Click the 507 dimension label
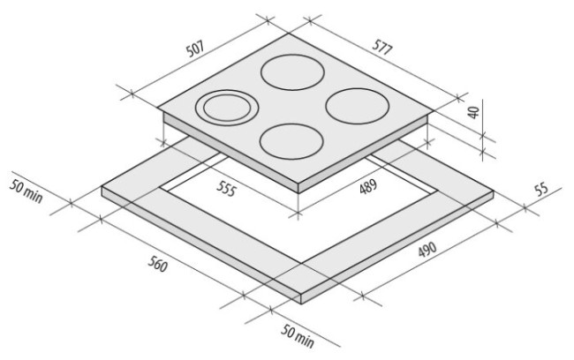coord(195,49)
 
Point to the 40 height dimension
coord(473,112)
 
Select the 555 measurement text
coord(226,189)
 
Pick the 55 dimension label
coord(541,189)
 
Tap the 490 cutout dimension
coord(427,249)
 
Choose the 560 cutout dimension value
coord(158,264)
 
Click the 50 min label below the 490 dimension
coord(298,336)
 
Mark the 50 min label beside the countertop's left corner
coord(26,191)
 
